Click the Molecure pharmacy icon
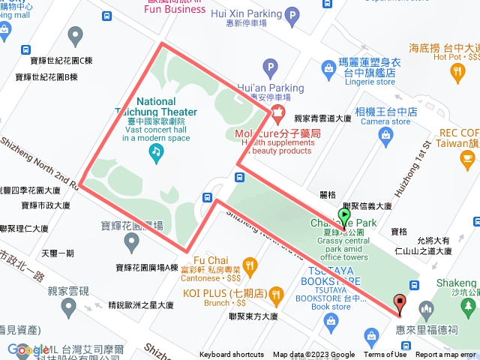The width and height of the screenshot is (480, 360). click(277, 115)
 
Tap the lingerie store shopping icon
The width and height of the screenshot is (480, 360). click(328, 69)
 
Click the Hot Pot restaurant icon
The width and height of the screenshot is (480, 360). click(458, 71)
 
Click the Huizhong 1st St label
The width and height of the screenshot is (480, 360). click(421, 160)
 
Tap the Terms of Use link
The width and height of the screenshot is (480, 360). click(385, 355)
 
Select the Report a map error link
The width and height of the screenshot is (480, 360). click(445, 355)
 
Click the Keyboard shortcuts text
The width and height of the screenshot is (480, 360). click(232, 355)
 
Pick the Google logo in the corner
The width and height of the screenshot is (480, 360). click(28, 349)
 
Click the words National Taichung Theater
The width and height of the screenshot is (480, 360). click(157, 106)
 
